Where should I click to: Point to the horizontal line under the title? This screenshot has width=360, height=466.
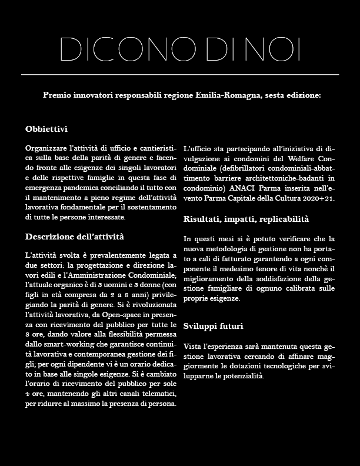(180, 75)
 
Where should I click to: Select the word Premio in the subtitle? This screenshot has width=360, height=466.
(58, 95)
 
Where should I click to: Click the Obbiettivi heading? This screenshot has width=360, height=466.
(46, 128)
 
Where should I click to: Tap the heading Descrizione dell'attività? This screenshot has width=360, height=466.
(75, 237)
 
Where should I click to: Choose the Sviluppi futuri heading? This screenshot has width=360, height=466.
(213, 326)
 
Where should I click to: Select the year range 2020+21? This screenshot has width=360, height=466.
(318, 198)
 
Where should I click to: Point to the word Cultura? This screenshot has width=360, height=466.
(288, 198)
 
